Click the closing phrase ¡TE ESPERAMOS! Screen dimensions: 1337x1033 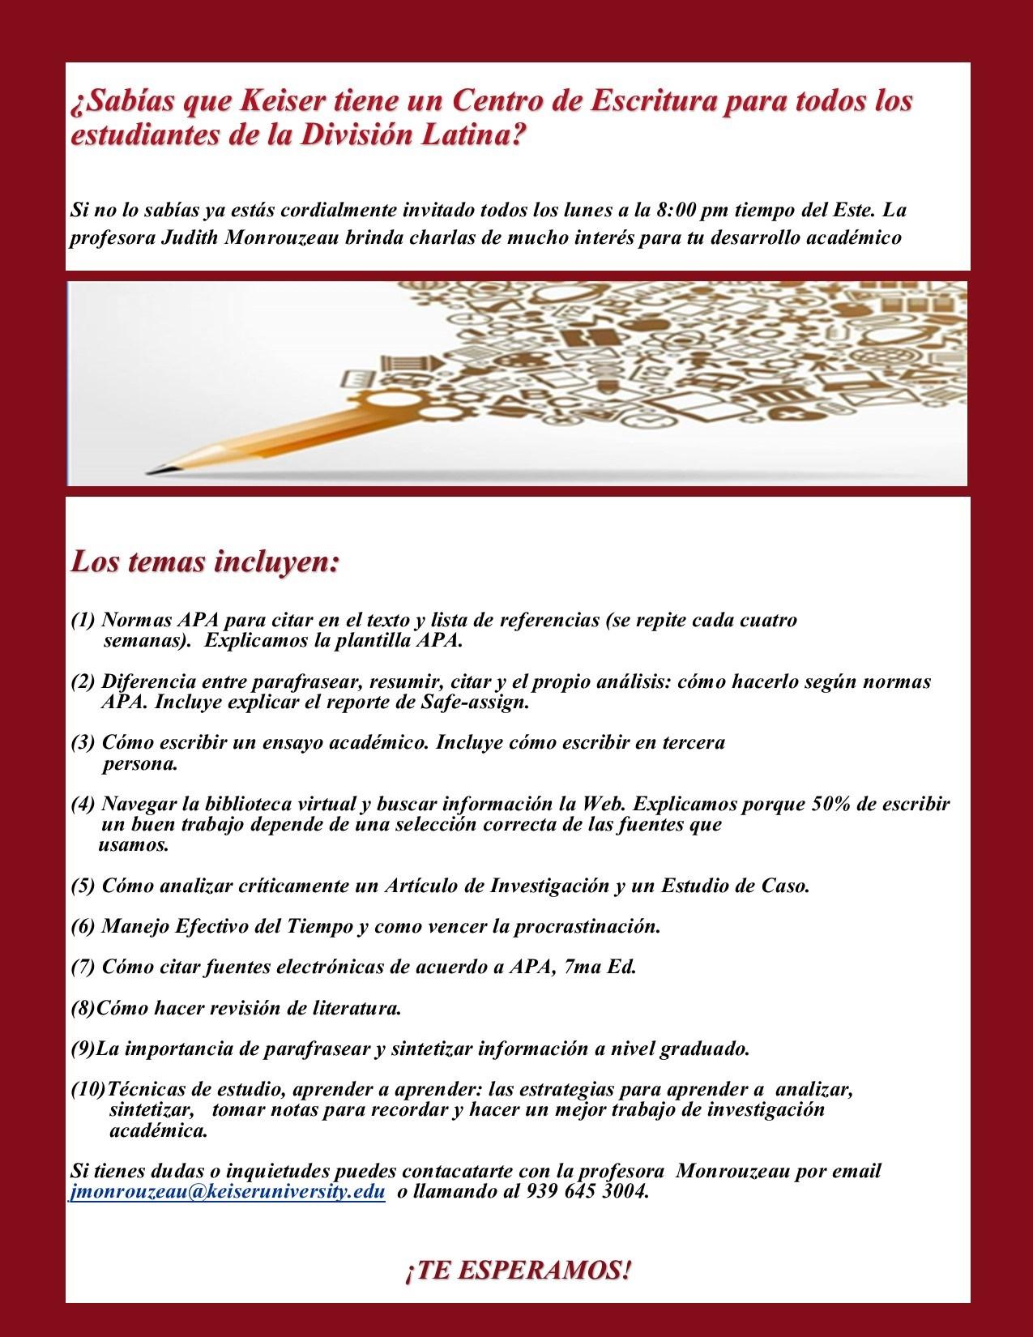coord(517,1271)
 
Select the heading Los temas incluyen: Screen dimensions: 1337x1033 coord(204,562)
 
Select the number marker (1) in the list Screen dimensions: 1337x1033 coord(83,622)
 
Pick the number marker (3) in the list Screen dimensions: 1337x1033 coord(83,743)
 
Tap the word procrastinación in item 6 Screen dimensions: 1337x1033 coord(583,926)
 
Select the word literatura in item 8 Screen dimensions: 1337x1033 coord(356,1009)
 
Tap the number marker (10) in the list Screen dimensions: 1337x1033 coord(88,1090)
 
